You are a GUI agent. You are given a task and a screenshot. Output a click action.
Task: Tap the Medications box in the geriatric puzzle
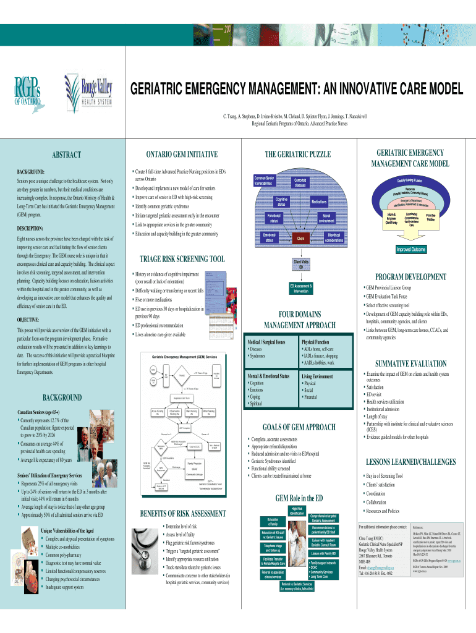[319, 202]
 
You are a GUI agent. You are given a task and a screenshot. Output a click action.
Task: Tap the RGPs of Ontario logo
[28, 91]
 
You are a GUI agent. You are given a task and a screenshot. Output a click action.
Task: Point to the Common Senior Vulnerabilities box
[271, 181]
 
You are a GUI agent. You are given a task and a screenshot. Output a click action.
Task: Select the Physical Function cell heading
[315, 341]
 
